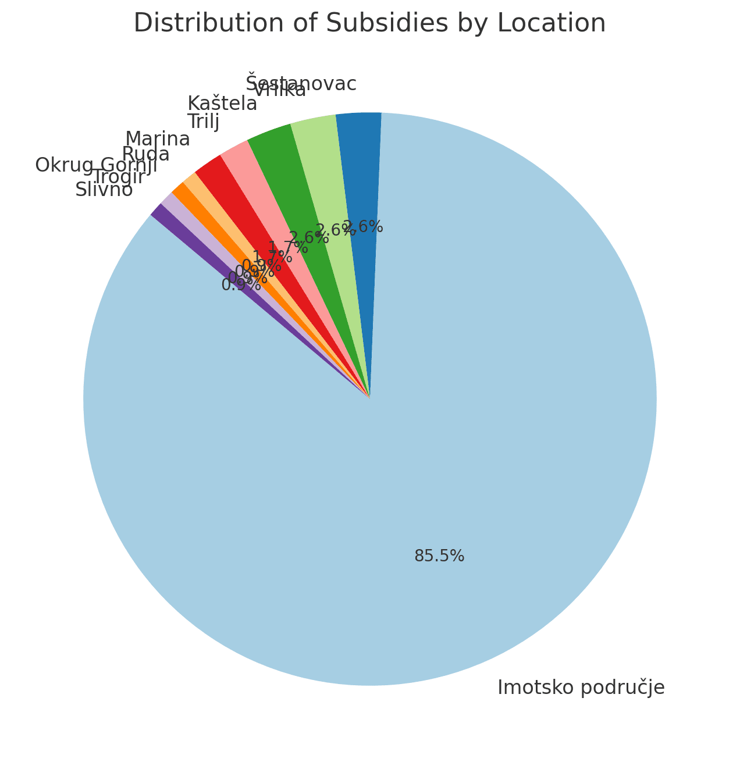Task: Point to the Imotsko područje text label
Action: click(x=581, y=688)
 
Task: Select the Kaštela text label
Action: click(x=222, y=104)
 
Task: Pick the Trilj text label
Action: click(x=203, y=122)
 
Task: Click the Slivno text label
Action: click(x=104, y=190)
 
